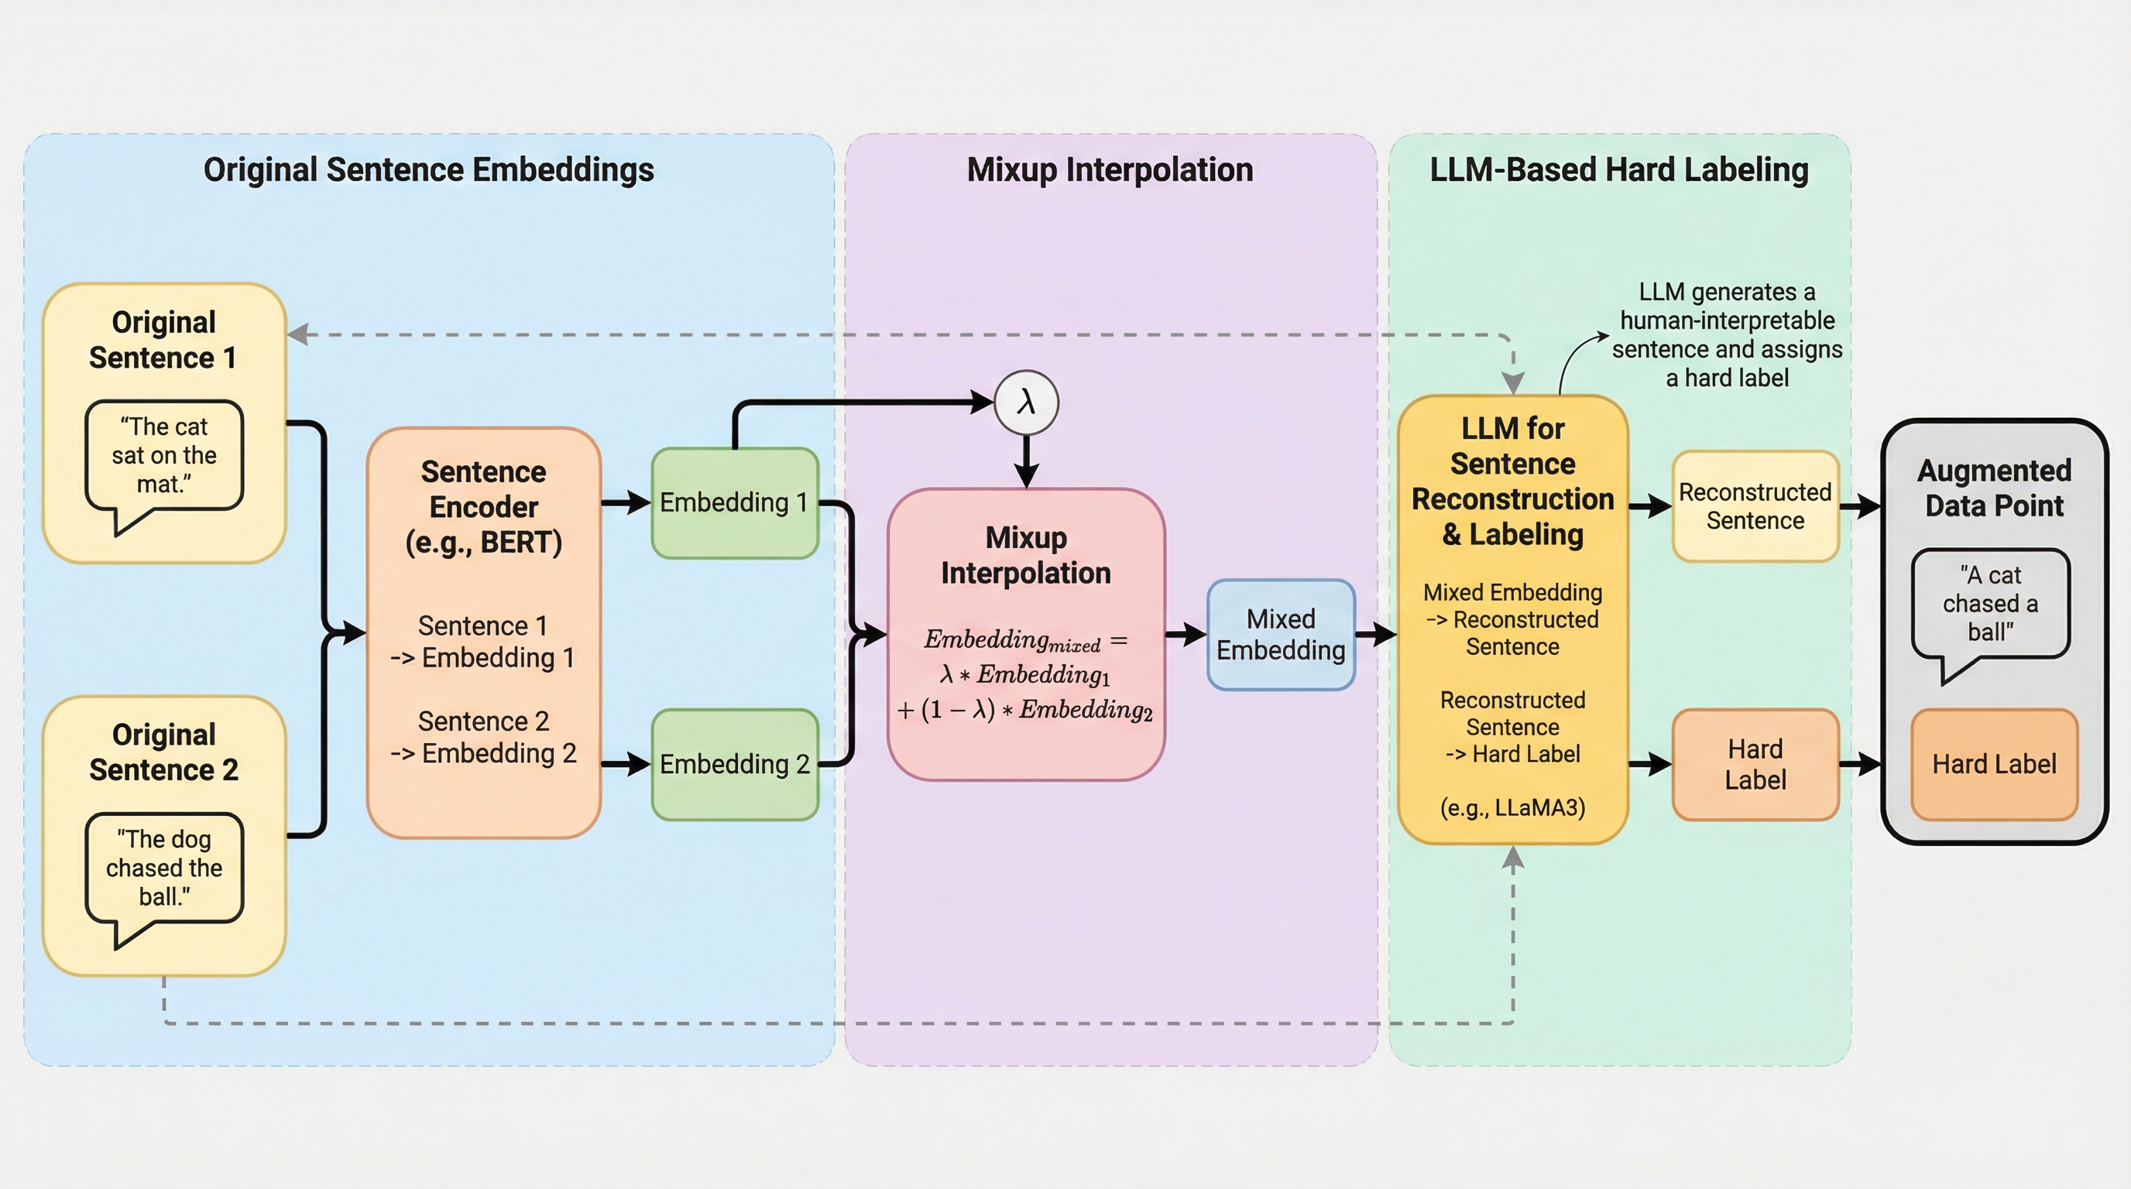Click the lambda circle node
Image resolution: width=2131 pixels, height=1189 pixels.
(x=1026, y=403)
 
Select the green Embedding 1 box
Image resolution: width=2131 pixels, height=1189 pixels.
(x=735, y=502)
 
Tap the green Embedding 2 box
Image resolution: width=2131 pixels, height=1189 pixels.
(x=735, y=764)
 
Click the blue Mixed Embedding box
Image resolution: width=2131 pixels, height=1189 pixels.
(x=1281, y=635)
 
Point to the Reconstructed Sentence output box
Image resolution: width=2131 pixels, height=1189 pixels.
(x=1755, y=506)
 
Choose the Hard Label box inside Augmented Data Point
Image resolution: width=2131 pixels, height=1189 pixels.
(x=1994, y=764)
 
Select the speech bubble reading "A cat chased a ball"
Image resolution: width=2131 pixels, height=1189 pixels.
(x=1989, y=604)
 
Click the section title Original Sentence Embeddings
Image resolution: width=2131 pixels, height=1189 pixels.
(x=428, y=170)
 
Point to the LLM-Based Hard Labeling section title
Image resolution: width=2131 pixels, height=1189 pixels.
(x=1619, y=170)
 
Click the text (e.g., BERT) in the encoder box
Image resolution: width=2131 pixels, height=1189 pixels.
(x=483, y=543)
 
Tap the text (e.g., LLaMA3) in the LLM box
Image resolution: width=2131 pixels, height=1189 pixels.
(x=1512, y=807)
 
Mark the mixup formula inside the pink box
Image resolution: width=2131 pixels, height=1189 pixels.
(x=1026, y=675)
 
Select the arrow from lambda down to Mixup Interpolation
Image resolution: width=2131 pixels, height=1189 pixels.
(x=1026, y=461)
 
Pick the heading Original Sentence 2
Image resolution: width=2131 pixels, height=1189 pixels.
(x=164, y=752)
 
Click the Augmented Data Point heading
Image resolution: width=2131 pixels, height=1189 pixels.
(x=1994, y=488)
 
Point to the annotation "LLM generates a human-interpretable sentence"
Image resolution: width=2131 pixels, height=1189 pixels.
(x=1728, y=335)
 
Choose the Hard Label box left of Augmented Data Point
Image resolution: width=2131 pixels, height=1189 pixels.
(x=1755, y=764)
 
